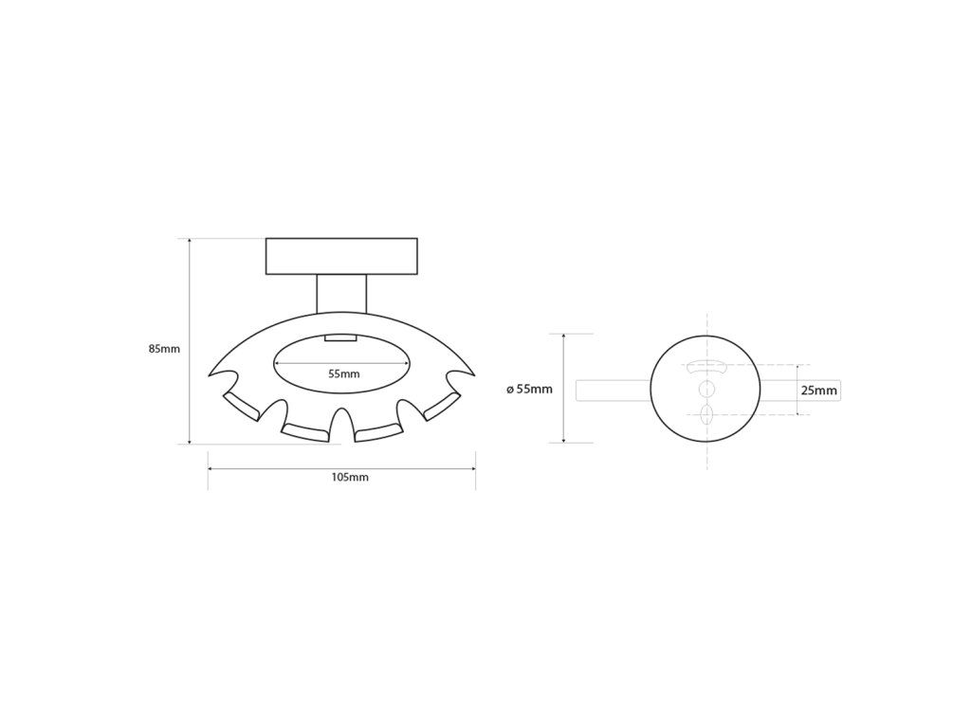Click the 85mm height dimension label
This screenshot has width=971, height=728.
pos(164,349)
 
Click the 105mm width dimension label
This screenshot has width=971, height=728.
pos(350,478)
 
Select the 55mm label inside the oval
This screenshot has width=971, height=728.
pos(343,373)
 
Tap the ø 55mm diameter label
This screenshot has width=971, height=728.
pos(529,390)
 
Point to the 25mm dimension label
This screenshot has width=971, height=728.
pos(818,390)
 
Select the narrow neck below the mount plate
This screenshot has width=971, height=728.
pos(341,294)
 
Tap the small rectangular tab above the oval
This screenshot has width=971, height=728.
pos(341,338)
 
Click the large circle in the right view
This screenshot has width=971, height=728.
pos(705,336)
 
